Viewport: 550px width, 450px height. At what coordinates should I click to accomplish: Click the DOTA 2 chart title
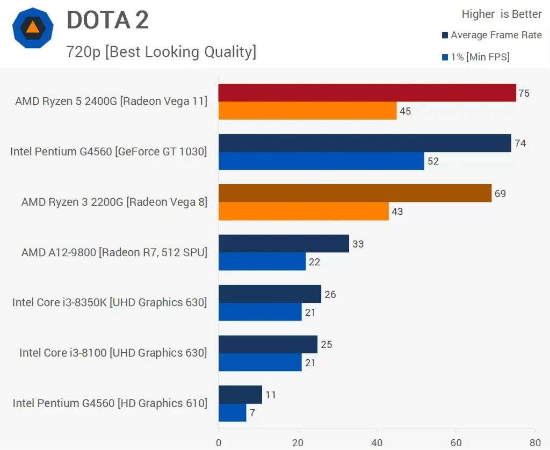coord(107,20)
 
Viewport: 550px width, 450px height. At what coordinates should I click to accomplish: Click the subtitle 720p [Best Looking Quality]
coord(161,52)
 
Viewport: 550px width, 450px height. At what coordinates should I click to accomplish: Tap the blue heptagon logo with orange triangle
coord(33,28)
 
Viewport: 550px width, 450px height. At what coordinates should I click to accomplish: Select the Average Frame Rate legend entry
coord(491,35)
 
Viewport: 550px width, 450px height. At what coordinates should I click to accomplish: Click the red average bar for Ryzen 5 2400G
coord(367,93)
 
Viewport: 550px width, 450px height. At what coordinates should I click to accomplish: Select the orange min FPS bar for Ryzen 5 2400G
coord(307,111)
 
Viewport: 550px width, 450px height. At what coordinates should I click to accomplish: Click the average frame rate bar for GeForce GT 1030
coord(365,143)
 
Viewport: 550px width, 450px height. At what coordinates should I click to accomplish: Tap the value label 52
coord(433,161)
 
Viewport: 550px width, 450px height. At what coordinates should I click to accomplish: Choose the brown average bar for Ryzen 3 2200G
coord(354,193)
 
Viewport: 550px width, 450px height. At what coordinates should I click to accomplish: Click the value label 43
coord(397,212)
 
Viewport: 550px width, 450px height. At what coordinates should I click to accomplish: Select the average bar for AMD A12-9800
coord(284,243)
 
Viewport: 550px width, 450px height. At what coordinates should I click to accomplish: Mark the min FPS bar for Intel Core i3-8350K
coord(260,312)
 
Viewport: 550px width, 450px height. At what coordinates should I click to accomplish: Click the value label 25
coord(326,344)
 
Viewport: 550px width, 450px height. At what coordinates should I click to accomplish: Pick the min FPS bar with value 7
coord(232,412)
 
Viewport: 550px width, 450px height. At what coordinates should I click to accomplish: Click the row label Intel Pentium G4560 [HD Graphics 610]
coord(110,403)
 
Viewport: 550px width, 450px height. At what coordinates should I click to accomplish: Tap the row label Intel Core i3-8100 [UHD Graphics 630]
coord(113,353)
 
